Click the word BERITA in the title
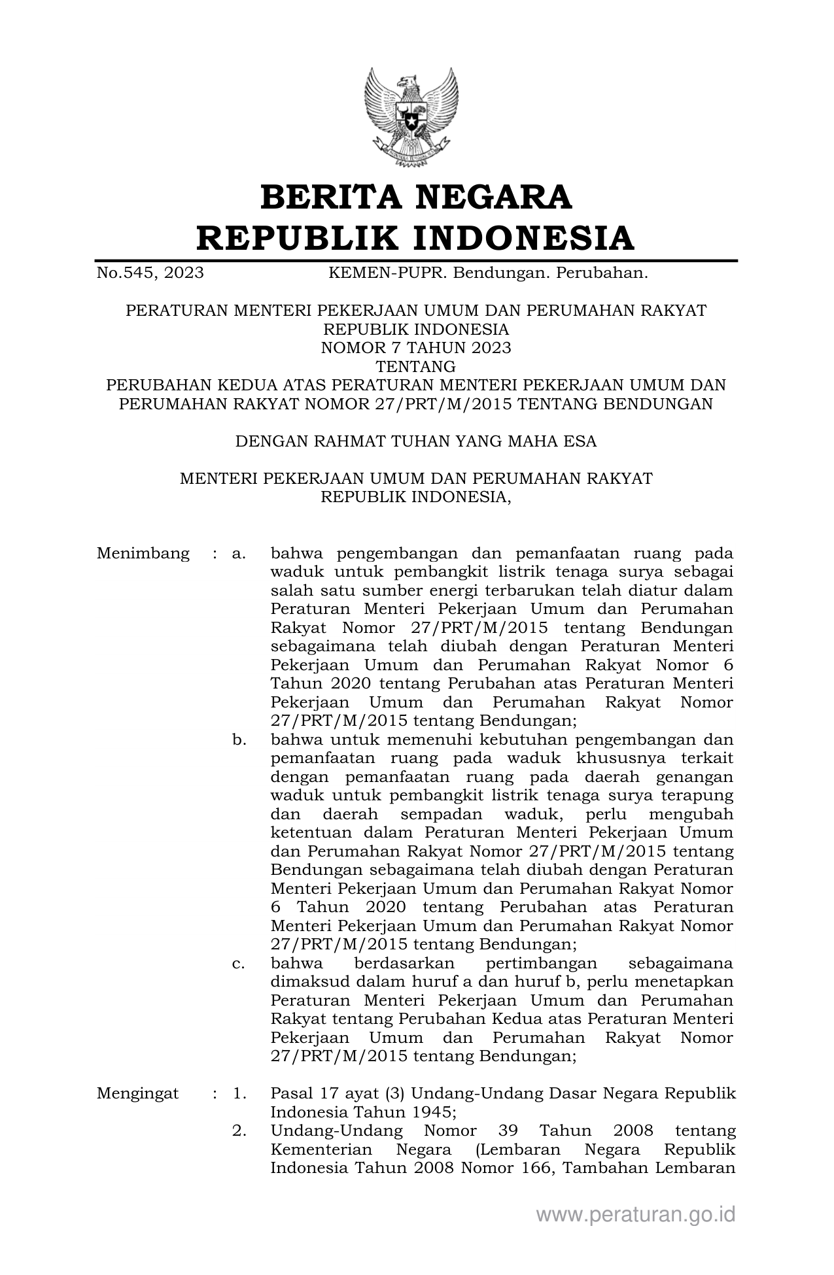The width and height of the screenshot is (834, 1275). pos(333,198)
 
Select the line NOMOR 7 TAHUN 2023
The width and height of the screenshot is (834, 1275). pos(416,348)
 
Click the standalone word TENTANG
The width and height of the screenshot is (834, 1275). pos(416,367)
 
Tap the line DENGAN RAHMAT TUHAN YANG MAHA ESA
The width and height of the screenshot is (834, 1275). pos(416,441)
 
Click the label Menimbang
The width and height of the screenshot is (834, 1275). pos(143,554)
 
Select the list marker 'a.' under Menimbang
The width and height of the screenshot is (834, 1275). pos(239,554)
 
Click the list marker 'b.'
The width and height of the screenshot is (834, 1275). pos(239,740)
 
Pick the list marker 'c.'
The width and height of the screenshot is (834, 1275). pos(239,963)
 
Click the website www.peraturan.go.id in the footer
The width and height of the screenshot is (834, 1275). pos(635,1214)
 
